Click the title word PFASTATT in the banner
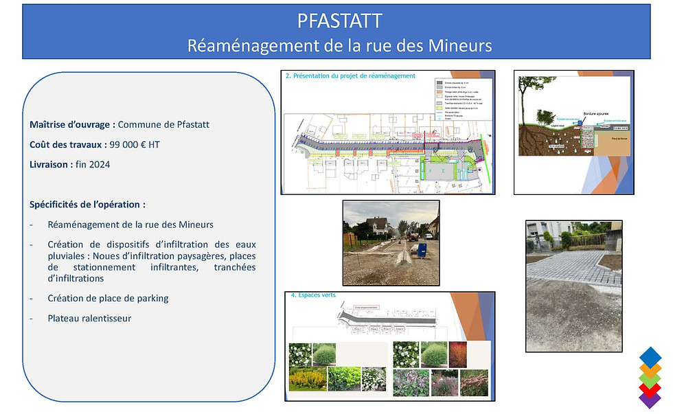coord(339,21)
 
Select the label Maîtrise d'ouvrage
coord(71,124)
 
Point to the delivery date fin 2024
coord(93,164)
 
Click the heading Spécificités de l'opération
coord(87,205)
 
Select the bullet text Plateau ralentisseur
coord(89,319)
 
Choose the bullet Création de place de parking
coord(108,298)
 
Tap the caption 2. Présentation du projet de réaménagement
coord(350,76)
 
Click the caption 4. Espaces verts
coord(314,296)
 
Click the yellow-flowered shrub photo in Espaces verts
coord(307,378)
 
